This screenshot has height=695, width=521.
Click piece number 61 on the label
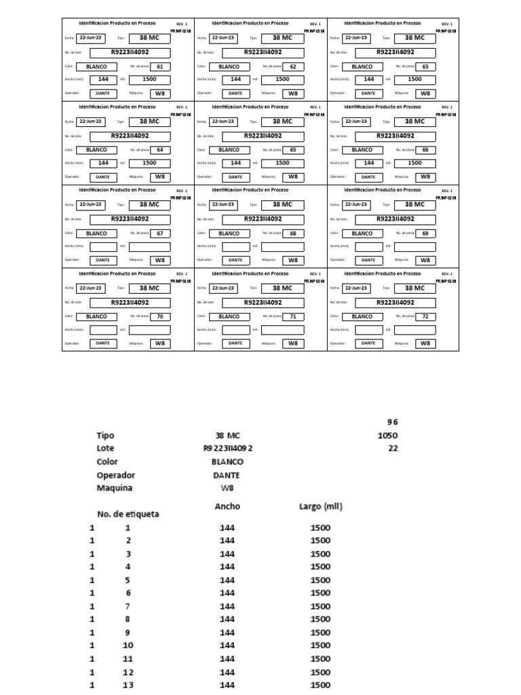(x=160, y=67)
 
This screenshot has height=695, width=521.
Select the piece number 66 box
(x=425, y=150)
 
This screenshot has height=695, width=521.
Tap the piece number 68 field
(x=293, y=233)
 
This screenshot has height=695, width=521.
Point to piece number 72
(x=425, y=316)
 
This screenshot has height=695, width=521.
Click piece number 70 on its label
(x=160, y=316)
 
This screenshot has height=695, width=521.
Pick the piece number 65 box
(x=293, y=150)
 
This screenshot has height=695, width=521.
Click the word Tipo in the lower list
(x=105, y=436)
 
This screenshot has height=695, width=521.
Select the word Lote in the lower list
(x=105, y=449)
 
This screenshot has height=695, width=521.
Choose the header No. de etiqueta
(x=128, y=514)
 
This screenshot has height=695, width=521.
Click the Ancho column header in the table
(x=227, y=506)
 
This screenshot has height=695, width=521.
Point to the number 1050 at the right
(x=388, y=436)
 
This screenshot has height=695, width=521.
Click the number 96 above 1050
(x=392, y=422)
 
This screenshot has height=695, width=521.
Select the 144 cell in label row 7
(x=227, y=606)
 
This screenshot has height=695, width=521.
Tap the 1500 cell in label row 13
(x=320, y=685)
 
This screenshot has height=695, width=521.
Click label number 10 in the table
(x=128, y=645)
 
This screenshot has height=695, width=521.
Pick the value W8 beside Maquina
(x=227, y=488)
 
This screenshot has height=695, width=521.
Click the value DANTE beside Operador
(x=227, y=475)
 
